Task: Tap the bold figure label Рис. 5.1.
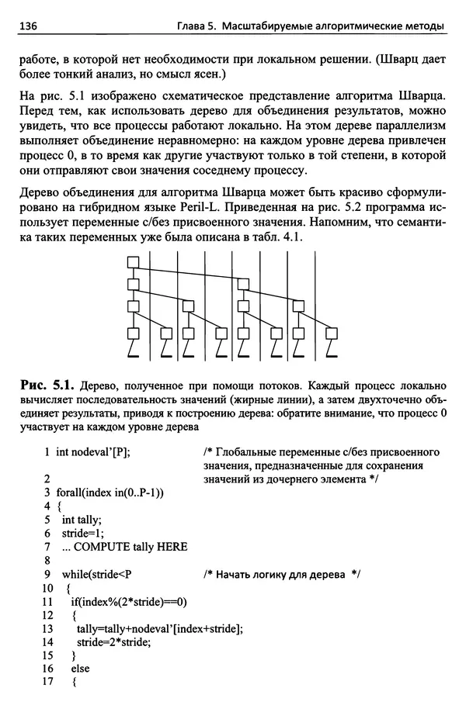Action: (45, 383)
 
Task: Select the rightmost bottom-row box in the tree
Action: (332, 334)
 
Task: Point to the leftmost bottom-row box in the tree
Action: (132, 334)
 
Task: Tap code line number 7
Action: (48, 547)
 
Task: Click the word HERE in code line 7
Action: (172, 547)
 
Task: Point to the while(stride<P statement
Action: (98, 575)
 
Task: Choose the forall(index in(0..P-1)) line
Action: (114, 493)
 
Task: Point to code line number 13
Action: (47, 629)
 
